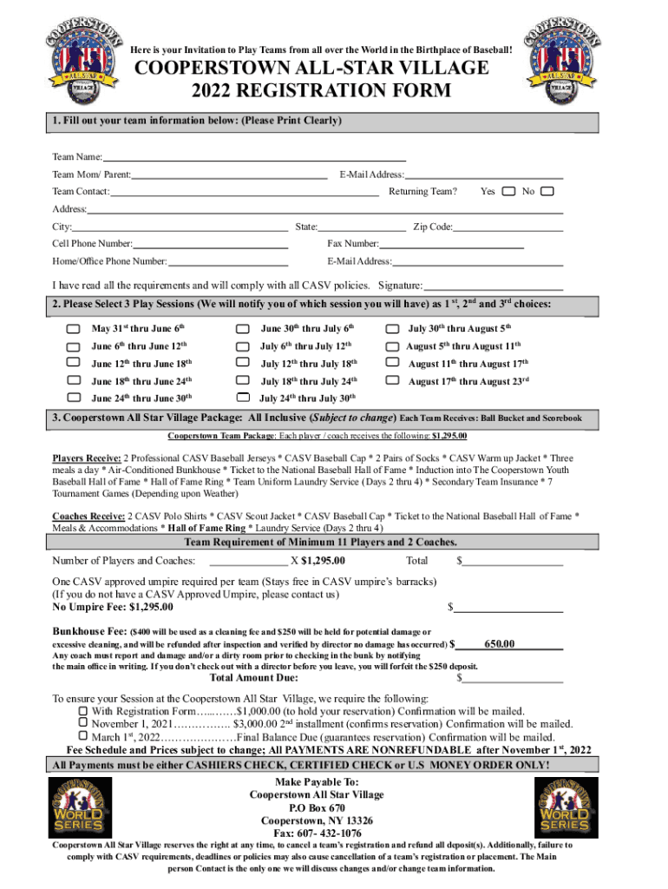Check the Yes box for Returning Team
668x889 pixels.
(508, 191)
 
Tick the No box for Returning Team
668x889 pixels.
(546, 191)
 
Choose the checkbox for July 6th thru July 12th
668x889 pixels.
(242, 346)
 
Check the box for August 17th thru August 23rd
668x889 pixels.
(392, 380)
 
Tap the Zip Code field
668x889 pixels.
(508, 227)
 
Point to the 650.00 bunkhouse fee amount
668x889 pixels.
(501, 644)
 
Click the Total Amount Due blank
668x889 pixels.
(513, 678)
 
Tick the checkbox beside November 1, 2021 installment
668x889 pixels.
(83, 723)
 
